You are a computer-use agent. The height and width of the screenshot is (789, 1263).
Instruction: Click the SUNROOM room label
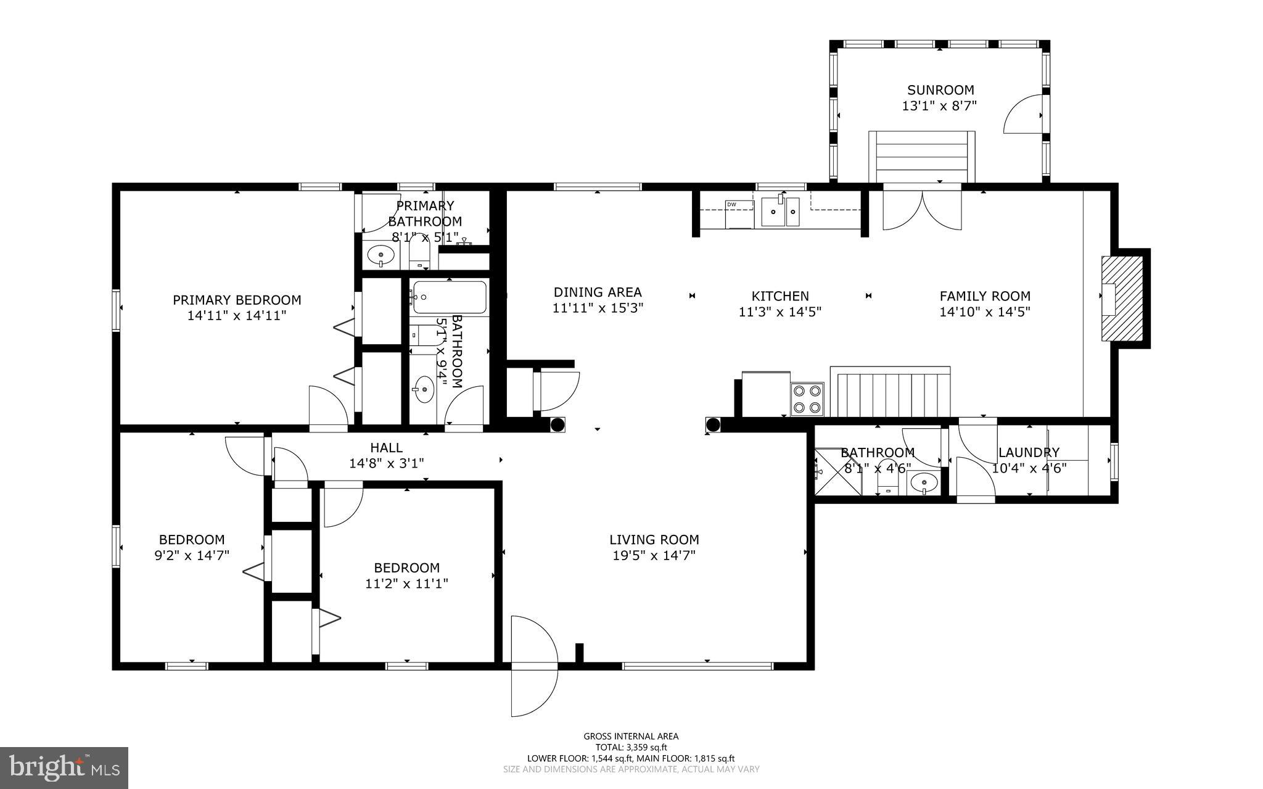[x=940, y=90]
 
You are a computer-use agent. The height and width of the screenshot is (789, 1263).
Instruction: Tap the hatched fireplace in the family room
[x=1123, y=298]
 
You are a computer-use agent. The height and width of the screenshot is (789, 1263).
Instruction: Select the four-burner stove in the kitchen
[x=808, y=399]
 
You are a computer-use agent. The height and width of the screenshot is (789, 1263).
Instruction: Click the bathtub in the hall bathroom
[x=450, y=297]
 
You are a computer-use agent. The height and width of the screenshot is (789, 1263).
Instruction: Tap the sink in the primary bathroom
[x=381, y=254]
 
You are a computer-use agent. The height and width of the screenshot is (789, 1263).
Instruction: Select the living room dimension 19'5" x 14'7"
[x=654, y=555]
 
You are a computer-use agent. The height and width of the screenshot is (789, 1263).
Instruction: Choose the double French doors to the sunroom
[x=922, y=210]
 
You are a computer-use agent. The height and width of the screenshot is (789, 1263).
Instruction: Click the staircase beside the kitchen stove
[x=889, y=392]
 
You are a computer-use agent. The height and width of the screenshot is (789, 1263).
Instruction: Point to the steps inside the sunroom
[x=921, y=157]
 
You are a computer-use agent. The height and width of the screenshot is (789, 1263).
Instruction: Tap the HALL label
[x=386, y=448]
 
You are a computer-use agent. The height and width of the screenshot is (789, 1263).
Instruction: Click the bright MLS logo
[x=64, y=768]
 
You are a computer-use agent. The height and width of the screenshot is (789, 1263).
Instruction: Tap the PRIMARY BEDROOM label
[x=237, y=300]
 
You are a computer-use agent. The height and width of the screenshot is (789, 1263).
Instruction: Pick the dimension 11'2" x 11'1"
[x=406, y=584]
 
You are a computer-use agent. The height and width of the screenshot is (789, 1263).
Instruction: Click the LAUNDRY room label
[x=1029, y=453]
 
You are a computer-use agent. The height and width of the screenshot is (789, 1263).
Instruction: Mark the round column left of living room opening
[x=557, y=424]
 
